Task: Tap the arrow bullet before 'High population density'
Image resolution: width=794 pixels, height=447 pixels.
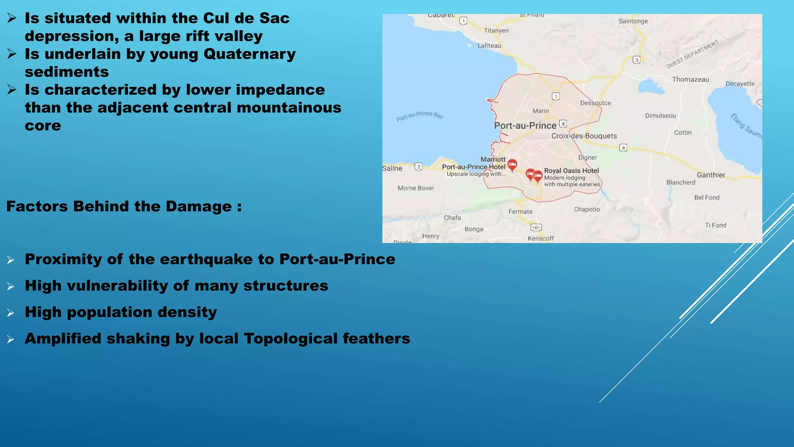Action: click(x=11, y=313)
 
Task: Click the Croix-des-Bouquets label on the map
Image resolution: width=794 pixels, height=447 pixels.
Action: click(x=584, y=136)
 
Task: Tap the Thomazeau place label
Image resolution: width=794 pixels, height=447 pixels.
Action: click(x=690, y=80)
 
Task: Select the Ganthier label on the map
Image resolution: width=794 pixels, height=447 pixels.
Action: click(x=711, y=175)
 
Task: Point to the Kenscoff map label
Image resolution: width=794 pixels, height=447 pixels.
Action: click(x=540, y=238)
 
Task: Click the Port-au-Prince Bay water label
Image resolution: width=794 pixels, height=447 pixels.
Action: click(x=419, y=115)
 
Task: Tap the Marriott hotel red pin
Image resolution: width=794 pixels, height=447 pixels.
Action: click(x=512, y=165)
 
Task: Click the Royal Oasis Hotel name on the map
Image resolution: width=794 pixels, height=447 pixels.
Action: click(x=571, y=171)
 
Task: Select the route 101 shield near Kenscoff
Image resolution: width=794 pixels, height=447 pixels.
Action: click(x=536, y=228)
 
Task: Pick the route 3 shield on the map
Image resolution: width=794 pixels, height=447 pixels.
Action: click(x=636, y=60)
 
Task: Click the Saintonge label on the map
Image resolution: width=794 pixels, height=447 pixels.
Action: click(x=633, y=21)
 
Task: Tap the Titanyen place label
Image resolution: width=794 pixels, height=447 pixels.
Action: click(x=496, y=31)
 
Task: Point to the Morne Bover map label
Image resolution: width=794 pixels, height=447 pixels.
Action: click(x=416, y=188)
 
